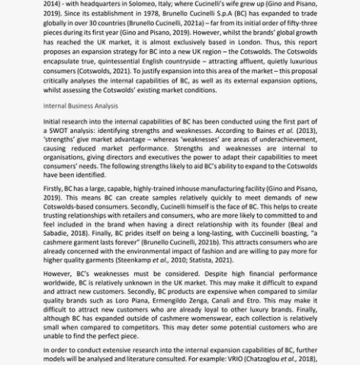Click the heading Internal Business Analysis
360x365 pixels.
coord(80,106)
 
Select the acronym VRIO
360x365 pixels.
coord(217,357)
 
